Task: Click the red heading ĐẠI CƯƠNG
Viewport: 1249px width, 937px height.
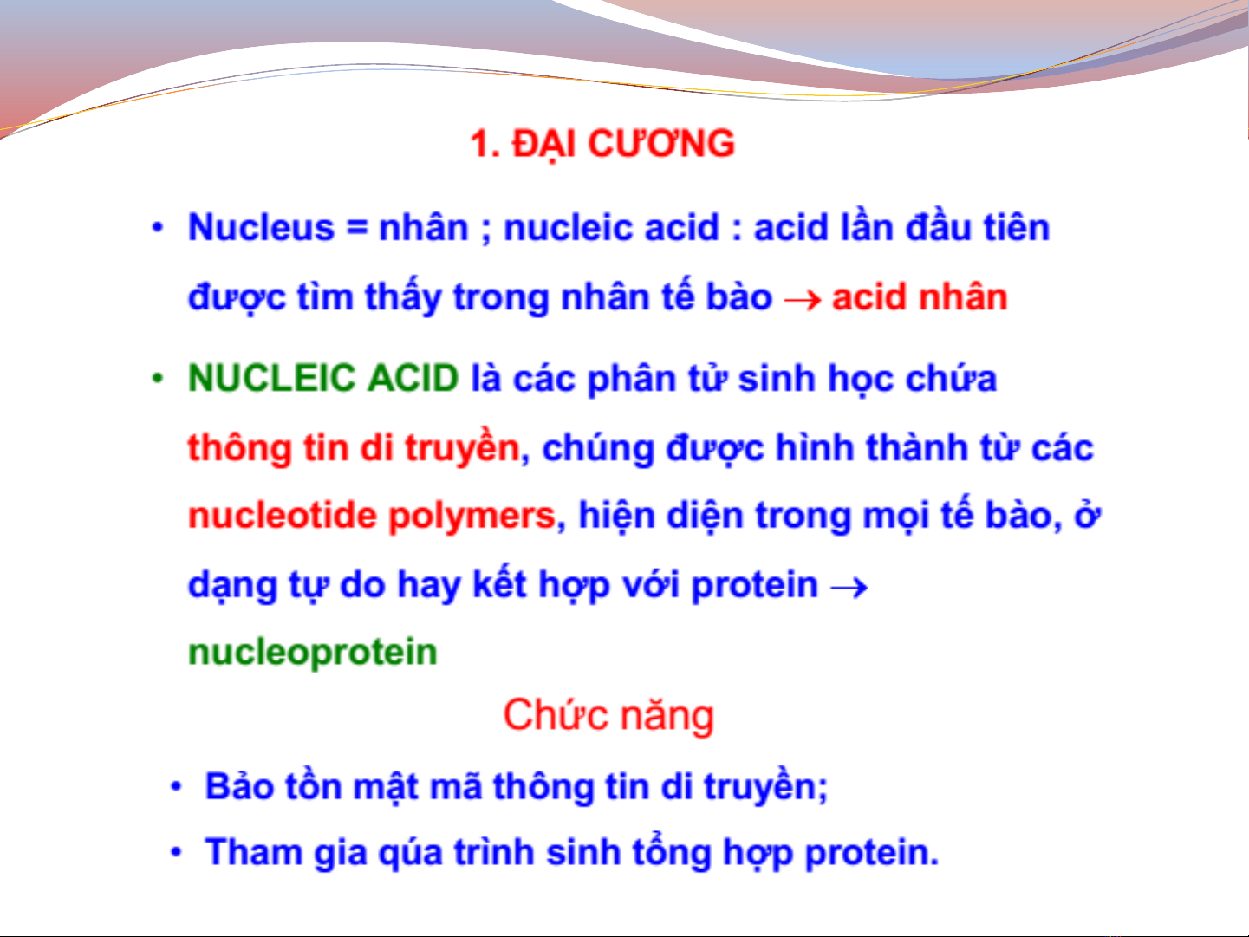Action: pos(624,145)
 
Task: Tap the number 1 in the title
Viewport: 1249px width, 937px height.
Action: pos(479,143)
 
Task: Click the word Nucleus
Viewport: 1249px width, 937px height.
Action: pos(261,228)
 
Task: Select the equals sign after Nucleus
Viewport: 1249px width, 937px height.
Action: pos(357,229)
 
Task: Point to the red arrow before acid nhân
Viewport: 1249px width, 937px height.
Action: pos(803,299)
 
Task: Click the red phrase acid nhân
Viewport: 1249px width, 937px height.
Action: pos(920,297)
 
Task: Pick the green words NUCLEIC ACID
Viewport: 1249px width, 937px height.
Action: pos(323,378)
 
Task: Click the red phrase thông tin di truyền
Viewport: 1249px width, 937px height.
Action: pos(354,447)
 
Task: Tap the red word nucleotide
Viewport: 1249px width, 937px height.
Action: pos(283,515)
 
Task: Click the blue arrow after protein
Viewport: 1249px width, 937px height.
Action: pos(849,587)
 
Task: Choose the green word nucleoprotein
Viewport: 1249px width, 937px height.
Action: pos(312,653)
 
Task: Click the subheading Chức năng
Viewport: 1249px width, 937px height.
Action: pos(608,716)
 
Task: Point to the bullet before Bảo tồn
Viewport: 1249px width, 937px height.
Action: pos(177,787)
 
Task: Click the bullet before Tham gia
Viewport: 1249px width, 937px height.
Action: pos(177,852)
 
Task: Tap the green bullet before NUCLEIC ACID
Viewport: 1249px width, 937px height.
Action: pos(158,379)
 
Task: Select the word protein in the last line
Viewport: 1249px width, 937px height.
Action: pos(866,855)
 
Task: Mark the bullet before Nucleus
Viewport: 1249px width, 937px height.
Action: pos(158,229)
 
